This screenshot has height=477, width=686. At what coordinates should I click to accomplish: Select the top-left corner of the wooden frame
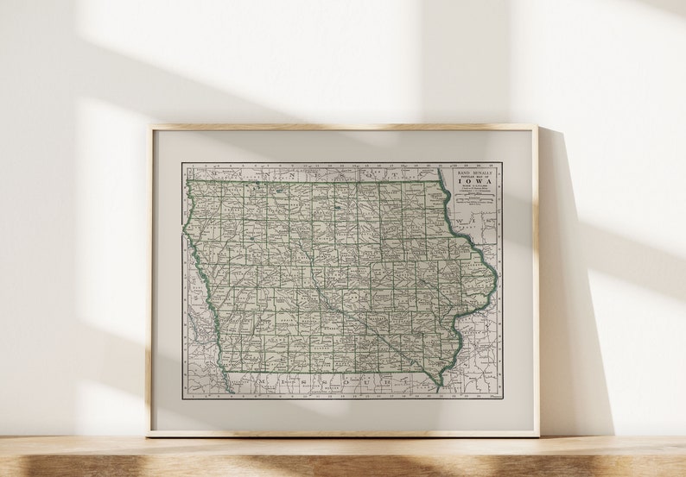coord(149,128)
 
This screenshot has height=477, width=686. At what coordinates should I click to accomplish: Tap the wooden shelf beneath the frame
coord(346,457)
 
